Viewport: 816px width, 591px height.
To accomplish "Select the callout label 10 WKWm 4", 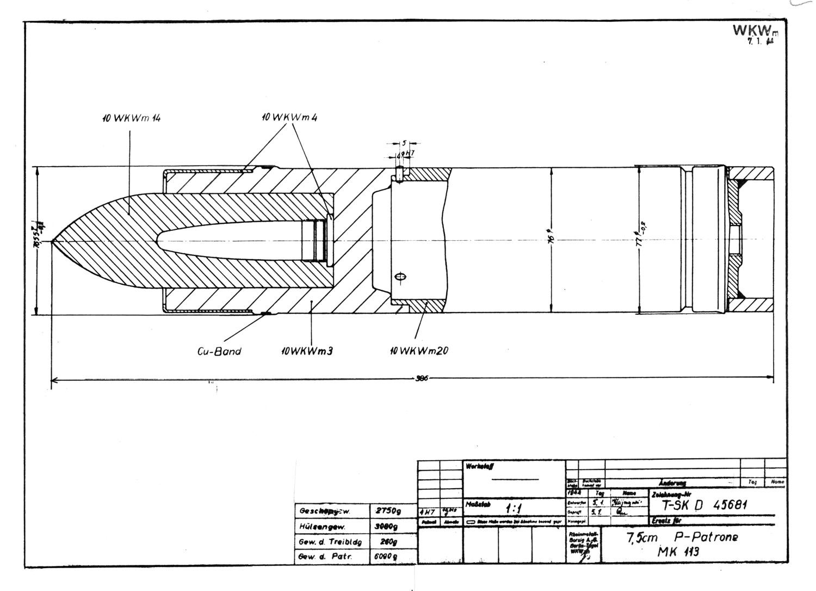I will pos(289,117).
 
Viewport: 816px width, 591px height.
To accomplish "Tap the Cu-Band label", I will pos(219,351).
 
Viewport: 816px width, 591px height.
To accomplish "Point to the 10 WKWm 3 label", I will pos(307,351).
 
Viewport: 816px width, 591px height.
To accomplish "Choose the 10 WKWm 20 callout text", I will pos(418,351).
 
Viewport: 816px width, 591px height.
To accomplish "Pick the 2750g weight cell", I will pos(387,511).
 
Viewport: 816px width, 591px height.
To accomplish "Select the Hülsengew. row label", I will pos(323,527).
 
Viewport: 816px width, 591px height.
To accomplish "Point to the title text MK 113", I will pos(678,552).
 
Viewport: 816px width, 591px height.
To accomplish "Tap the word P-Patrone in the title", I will pos(706,537).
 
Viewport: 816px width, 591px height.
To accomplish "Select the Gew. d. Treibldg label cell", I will pos(330,542).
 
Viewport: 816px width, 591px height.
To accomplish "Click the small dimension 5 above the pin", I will pos(404,143).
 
